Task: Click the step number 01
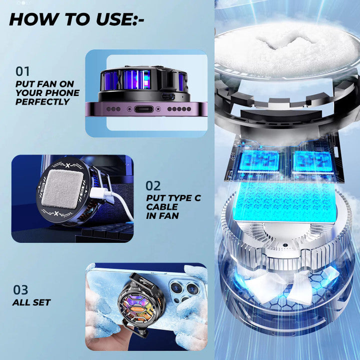[22, 71]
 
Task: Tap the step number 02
[153, 185]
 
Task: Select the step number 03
[20, 289]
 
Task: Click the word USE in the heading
[113, 19]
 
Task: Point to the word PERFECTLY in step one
[42, 101]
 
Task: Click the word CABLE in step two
[162, 207]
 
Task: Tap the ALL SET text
[31, 302]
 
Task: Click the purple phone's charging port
[143, 109]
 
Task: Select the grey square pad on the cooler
[62, 189]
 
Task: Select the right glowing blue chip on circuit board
[312, 161]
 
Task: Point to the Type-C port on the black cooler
[168, 96]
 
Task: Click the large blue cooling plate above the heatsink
[285, 202]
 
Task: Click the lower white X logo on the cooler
[56, 213]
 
